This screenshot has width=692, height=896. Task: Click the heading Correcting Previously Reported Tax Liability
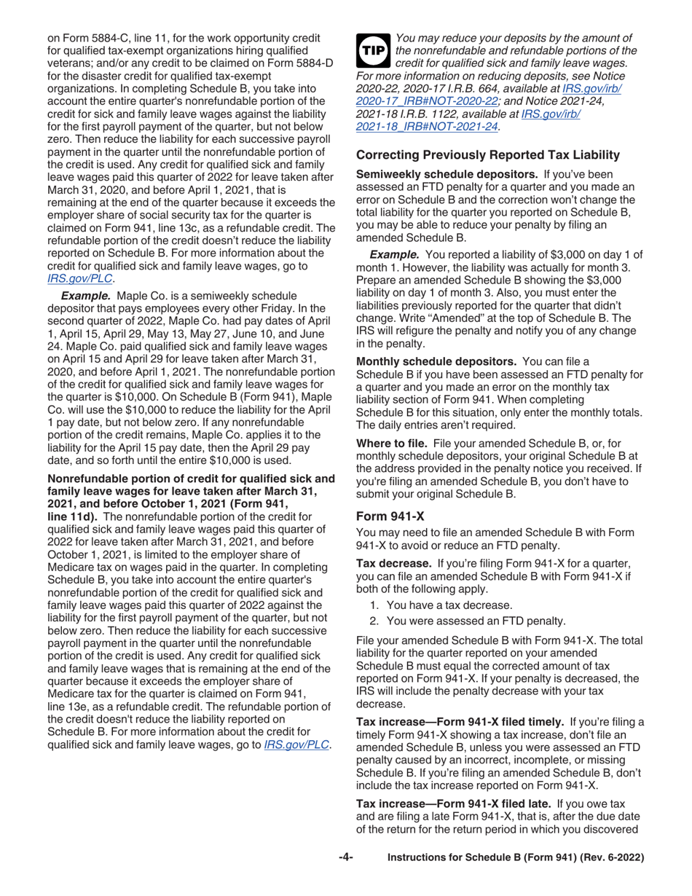tap(487, 154)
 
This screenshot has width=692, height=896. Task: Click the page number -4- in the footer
tap(346, 858)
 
